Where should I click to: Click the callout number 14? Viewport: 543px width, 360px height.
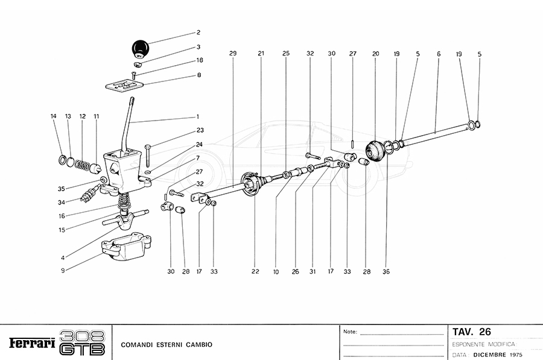(54, 116)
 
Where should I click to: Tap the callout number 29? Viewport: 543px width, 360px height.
(233, 54)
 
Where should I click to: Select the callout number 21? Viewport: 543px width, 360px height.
(261, 54)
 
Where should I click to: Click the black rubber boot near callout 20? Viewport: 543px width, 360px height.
(375, 151)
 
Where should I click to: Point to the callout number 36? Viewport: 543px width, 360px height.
(386, 272)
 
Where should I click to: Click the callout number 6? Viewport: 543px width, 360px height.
(438, 54)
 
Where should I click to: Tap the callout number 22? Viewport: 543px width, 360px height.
(255, 272)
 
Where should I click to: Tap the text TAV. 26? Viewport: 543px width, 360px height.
(472, 332)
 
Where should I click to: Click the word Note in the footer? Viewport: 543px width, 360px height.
(350, 332)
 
